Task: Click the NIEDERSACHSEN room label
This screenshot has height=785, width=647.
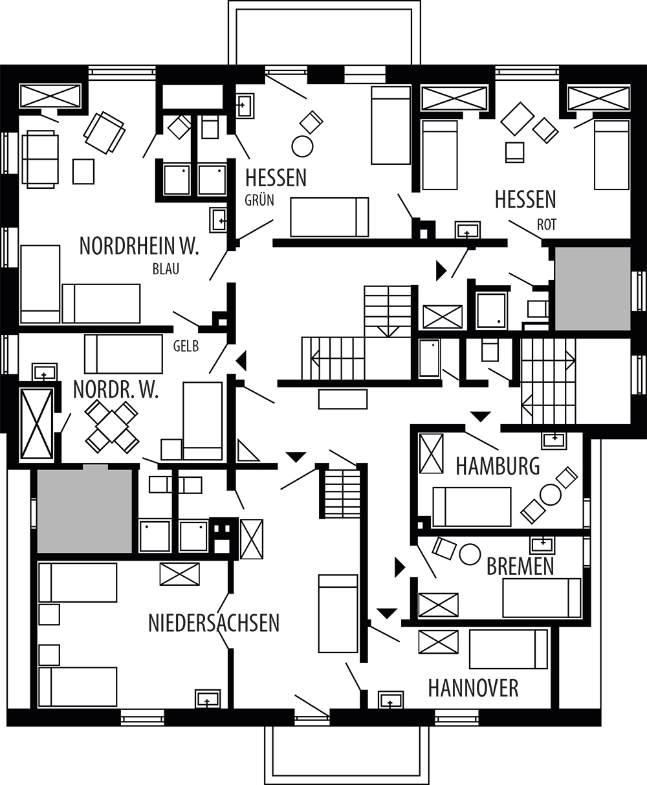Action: coord(214,623)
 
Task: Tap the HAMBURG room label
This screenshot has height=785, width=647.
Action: coord(498,466)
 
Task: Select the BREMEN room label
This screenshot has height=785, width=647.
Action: coord(520,566)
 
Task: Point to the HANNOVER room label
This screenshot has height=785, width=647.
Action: coord(473,688)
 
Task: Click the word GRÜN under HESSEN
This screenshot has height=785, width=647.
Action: coord(259,200)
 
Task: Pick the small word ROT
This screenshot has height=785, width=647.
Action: coord(547,225)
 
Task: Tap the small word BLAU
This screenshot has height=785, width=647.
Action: coord(166,269)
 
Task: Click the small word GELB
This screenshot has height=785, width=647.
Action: coord(186,346)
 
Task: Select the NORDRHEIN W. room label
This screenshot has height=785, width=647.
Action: coord(139,246)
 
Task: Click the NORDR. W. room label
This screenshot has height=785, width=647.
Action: coord(116,389)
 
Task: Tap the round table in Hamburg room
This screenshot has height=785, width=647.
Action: coord(551,495)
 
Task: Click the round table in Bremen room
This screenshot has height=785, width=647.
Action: coord(470,554)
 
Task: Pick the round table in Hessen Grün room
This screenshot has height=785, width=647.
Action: coord(302,146)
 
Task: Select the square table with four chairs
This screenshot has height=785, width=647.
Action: coord(112,427)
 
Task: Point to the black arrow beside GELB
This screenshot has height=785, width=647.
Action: coord(241,361)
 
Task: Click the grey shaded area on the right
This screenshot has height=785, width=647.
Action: coord(593,289)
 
